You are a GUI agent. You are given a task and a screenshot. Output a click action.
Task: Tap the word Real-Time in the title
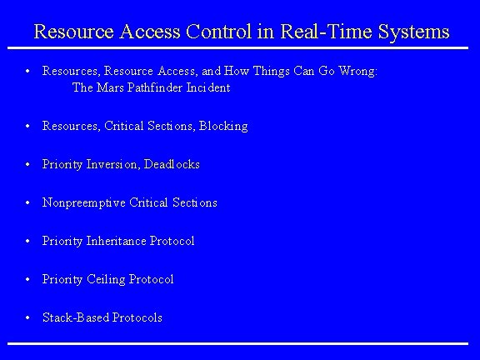coord(321,32)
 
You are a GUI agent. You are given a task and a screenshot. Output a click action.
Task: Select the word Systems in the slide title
coord(407,32)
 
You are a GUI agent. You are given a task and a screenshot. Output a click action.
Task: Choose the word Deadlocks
coord(172,164)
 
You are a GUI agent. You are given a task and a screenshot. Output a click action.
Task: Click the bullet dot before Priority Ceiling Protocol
coord(28,279)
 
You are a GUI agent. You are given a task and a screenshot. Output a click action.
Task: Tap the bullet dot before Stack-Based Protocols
coord(28,317)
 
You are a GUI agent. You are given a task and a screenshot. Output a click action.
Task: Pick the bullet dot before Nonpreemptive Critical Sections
coord(28,202)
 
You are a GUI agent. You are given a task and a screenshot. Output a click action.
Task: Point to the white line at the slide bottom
coord(240,343)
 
